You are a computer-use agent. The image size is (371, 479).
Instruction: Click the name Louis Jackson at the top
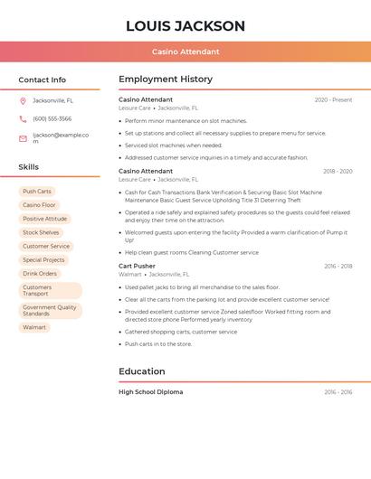185,25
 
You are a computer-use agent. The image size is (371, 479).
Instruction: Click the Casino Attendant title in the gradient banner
185,52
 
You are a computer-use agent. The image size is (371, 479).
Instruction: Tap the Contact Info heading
42,80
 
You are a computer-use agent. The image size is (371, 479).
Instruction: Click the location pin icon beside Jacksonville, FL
23,100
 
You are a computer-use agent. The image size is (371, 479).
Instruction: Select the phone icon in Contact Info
23,118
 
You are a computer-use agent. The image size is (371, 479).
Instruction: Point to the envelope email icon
23,138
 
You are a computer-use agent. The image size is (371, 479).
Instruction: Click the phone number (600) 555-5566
52,118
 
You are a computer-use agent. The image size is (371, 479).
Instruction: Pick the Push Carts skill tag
37,192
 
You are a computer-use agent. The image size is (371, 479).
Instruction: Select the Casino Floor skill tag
39,205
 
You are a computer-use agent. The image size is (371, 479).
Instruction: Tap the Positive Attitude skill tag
44,219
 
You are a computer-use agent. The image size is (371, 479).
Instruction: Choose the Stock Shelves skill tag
41,232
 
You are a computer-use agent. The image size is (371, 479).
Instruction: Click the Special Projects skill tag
43,260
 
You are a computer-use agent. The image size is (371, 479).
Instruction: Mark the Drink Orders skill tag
40,274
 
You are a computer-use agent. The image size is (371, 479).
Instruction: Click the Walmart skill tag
34,327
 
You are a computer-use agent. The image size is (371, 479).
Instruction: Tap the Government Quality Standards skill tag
50,310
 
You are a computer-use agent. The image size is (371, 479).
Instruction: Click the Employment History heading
166,80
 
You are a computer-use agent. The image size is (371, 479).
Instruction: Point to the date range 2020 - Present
333,99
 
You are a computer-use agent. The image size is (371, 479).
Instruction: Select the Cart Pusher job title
137,266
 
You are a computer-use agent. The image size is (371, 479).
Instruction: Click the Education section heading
142,371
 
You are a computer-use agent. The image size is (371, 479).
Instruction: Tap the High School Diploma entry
150,392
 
